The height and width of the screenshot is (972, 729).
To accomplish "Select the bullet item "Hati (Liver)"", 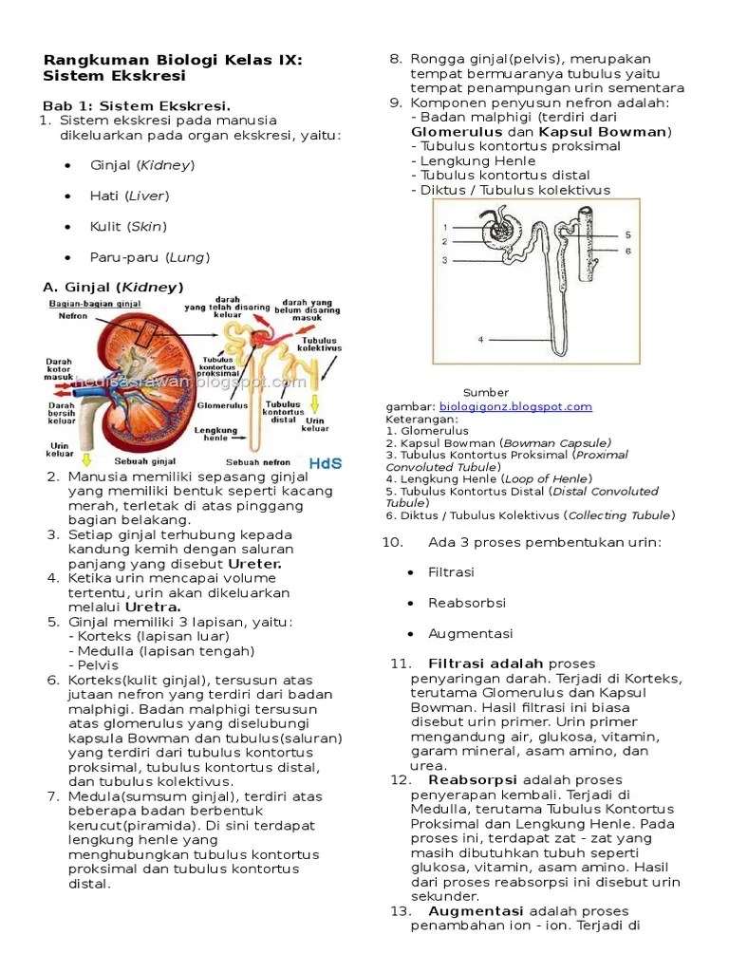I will pos(129,196).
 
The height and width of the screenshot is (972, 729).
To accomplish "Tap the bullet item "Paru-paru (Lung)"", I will pos(149,257).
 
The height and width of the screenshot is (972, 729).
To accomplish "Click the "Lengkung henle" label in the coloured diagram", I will pos(215,432).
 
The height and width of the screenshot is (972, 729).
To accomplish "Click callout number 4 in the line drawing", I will pos(480,339).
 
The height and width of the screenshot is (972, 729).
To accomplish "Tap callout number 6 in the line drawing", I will pos(627,251).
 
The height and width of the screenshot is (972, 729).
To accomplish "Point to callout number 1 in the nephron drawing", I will pos(444,228).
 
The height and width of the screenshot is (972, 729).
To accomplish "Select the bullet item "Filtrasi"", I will pos(451,572).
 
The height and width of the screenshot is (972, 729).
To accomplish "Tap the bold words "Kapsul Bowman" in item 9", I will pos(602,132).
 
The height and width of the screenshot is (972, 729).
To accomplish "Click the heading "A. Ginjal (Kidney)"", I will pos(113,287).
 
